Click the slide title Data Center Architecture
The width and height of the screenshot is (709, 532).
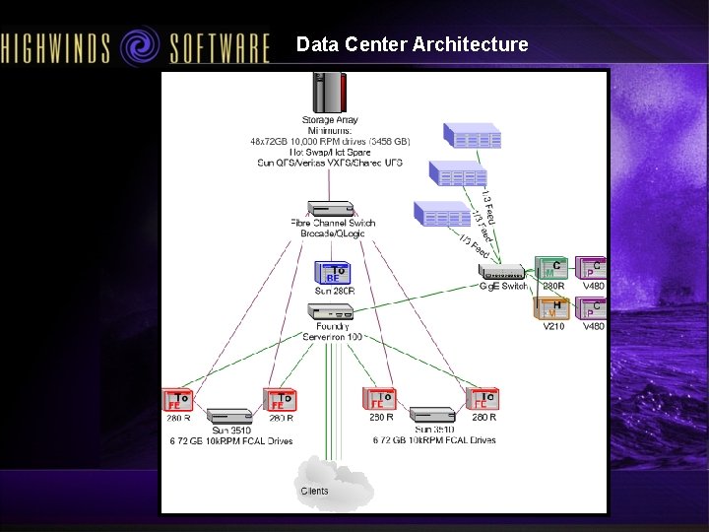click(x=412, y=44)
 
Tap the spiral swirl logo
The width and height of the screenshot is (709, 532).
click(x=142, y=45)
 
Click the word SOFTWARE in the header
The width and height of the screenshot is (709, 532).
click(x=219, y=47)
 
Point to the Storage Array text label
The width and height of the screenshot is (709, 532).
click(x=331, y=120)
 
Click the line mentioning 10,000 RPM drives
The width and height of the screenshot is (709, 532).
click(x=331, y=141)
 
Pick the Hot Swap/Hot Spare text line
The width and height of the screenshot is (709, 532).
click(x=331, y=152)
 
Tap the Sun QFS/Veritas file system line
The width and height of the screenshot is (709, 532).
click(x=331, y=163)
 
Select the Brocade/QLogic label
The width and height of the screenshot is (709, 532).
click(x=333, y=233)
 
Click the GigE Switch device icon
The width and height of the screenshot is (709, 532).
click(x=503, y=272)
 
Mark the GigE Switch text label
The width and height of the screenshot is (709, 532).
click(x=503, y=287)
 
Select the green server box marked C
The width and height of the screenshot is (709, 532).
click(x=551, y=268)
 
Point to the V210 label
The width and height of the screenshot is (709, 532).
click(x=553, y=326)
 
